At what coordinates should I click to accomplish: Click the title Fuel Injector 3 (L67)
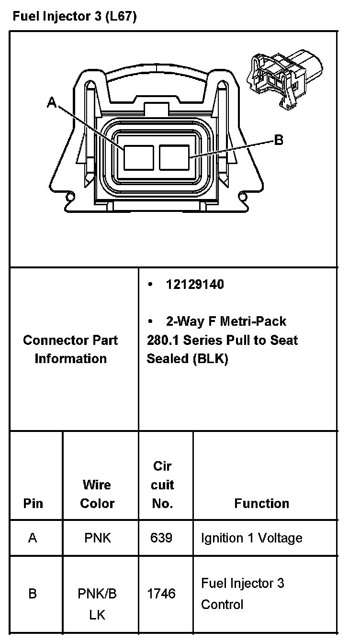pos(74,17)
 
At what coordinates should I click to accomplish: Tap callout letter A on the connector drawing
pos(52,102)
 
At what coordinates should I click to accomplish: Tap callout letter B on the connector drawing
pos(278,140)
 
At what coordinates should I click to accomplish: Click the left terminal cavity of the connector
pos(139,157)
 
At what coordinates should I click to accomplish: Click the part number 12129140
pos(194,284)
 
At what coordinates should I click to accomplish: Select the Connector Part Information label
pos(70,349)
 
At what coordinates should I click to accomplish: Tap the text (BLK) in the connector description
pos(211,359)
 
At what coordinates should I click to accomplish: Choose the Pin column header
pos(33,503)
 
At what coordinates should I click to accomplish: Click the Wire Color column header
pos(97,494)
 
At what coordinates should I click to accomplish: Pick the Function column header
pos(261,503)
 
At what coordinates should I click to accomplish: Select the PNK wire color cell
pos(97,538)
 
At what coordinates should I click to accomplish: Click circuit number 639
pos(161,538)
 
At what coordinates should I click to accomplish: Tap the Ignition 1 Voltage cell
pos(251,538)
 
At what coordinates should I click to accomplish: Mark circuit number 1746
pos(161,594)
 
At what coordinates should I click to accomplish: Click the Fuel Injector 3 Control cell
pos(242,594)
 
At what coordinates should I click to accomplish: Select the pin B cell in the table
pos(33,594)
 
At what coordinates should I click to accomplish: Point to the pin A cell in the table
pos(33,538)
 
